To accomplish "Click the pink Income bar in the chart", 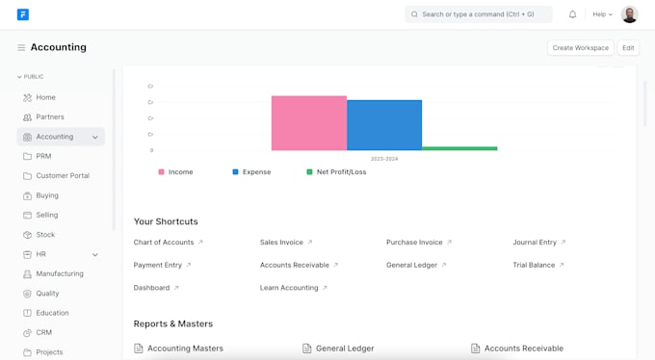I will tap(308, 123).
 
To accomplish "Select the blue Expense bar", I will tap(384, 125).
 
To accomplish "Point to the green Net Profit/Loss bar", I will tap(459, 148).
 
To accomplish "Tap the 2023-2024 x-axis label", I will tap(384, 159).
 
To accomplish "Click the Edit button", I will tap(628, 48).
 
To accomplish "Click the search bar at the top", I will tap(479, 14).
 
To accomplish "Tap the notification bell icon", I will tap(573, 14).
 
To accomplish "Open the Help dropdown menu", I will tap(602, 14).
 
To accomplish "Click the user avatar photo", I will tap(629, 14).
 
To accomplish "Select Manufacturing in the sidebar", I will tap(60, 274).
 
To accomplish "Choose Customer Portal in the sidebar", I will tap(63, 176).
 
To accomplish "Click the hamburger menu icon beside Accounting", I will tap(21, 48).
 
